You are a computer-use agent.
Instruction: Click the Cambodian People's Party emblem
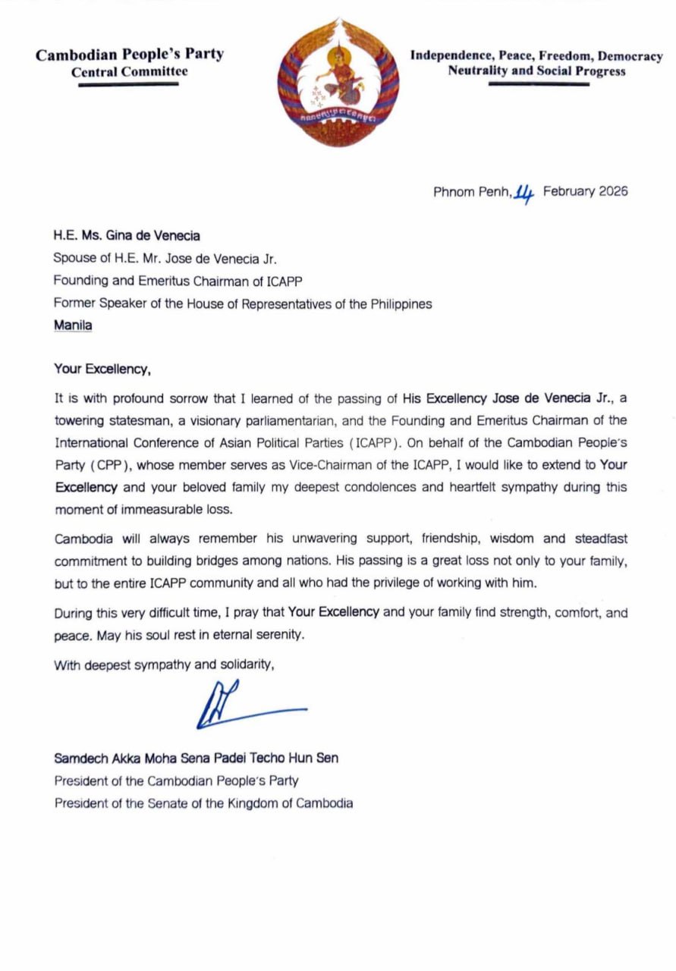click(x=338, y=82)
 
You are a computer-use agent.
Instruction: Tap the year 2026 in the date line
click(x=613, y=191)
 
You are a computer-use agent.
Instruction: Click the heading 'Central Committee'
click(x=129, y=72)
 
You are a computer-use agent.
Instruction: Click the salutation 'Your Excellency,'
click(x=102, y=369)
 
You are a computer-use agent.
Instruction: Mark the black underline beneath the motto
click(x=538, y=84)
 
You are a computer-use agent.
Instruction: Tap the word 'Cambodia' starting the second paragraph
click(x=83, y=539)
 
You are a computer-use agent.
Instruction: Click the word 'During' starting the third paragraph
click(x=72, y=612)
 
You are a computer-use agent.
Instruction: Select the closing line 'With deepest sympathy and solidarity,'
click(x=163, y=665)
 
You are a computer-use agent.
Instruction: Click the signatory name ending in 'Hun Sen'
click(x=196, y=758)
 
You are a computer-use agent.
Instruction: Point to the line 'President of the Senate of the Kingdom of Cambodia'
click(x=203, y=803)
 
